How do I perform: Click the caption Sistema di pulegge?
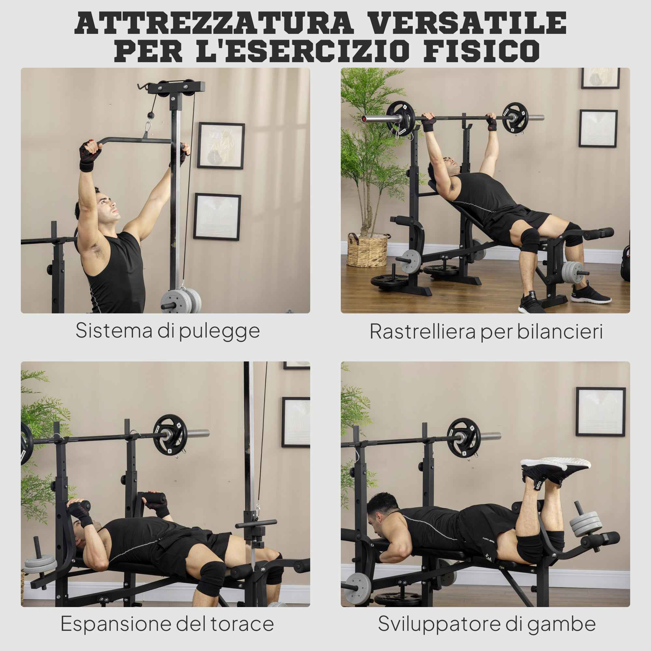(167, 331)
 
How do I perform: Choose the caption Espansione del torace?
(167, 624)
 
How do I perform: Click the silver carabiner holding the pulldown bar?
(147, 130)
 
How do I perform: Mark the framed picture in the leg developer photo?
(601, 411)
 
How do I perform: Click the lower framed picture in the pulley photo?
(217, 217)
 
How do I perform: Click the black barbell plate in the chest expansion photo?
(170, 435)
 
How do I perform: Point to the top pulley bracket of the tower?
(176, 87)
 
